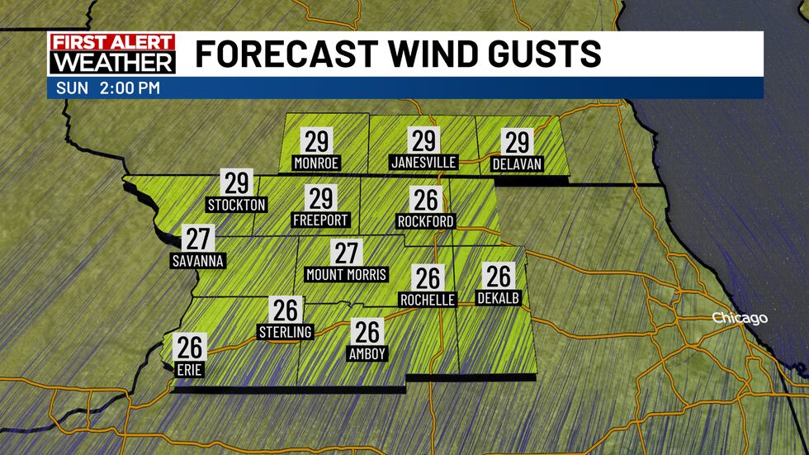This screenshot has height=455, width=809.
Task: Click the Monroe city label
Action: (x=316, y=164)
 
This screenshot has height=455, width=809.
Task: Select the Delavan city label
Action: (x=516, y=164)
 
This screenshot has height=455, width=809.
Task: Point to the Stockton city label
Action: (x=237, y=204)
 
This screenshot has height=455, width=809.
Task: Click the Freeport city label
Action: (x=320, y=220)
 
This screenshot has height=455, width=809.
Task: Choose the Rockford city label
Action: (x=425, y=221)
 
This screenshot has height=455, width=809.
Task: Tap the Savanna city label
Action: (x=198, y=261)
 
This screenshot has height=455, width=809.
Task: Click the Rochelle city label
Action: (x=427, y=300)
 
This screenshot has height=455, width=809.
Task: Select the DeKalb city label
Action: (x=499, y=298)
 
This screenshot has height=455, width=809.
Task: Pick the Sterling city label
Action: (x=285, y=332)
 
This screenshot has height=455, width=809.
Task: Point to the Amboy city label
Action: (x=367, y=353)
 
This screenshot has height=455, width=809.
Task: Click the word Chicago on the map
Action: (x=740, y=319)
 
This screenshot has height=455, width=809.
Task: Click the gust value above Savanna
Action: (x=198, y=239)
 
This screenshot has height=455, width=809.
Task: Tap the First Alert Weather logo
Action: (x=112, y=54)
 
